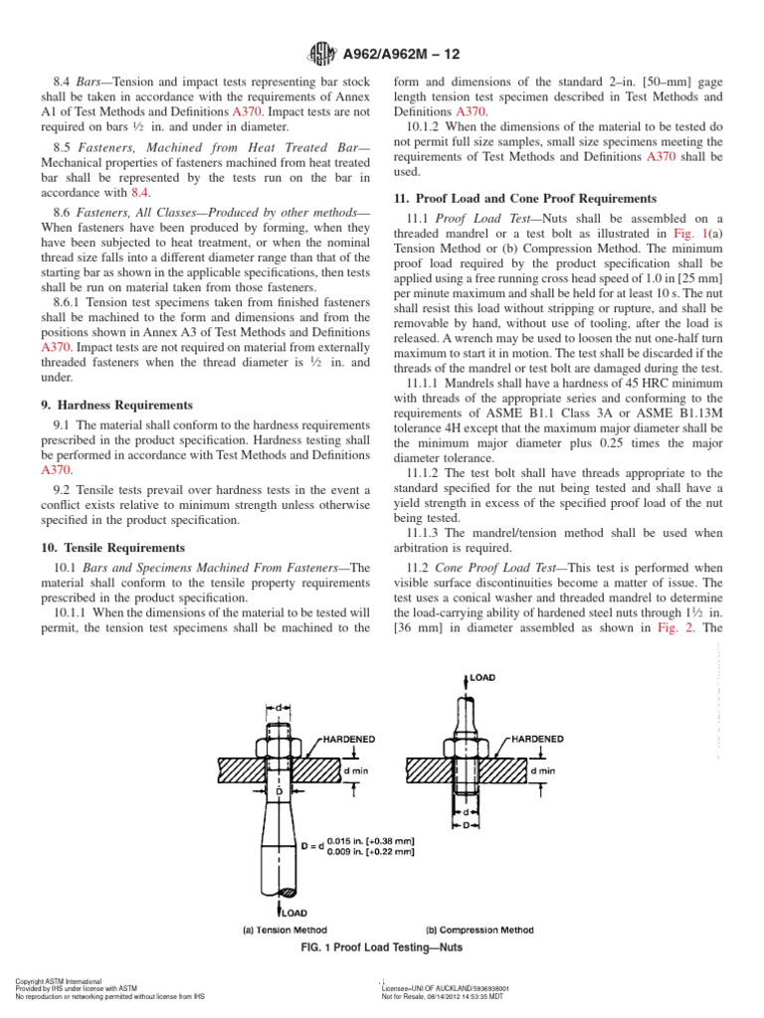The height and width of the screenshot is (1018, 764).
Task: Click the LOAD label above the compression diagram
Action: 481,676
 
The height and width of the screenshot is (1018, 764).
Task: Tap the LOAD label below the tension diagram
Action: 293,911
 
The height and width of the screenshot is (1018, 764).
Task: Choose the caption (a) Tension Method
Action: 280,931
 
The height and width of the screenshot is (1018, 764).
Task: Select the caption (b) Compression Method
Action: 478,931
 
